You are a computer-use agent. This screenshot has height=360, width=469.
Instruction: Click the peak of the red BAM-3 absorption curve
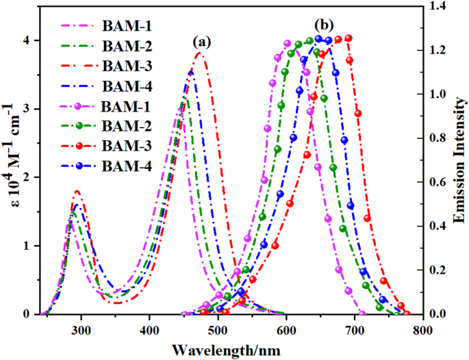[x=199, y=52]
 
